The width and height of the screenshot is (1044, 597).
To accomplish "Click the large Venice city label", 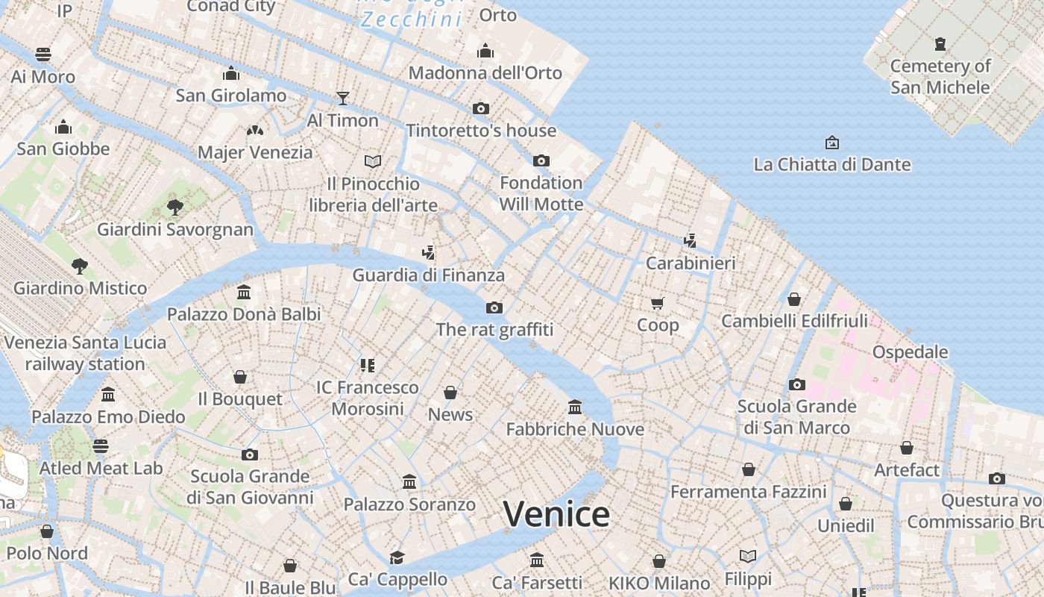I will coord(556,514).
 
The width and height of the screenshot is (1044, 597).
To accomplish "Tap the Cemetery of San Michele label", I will coord(940,77).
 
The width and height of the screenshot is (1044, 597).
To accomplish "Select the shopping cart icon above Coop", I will coord(657,303).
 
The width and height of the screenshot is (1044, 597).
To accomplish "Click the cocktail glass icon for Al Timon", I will coord(342,98).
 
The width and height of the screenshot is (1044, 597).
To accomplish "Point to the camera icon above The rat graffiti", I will coord(494,307).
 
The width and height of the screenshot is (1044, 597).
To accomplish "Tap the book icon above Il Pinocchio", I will coord(373,161).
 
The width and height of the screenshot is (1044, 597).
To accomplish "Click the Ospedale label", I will coord(910,352).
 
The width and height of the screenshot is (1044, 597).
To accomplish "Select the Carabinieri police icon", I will coord(691,241).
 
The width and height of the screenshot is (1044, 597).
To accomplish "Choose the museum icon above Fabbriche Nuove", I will coord(574,407).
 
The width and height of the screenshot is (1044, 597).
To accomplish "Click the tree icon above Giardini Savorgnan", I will coord(175,207).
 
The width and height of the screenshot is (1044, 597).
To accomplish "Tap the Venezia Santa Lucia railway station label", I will coord(85,353).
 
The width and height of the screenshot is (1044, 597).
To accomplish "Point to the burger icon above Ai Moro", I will coord(43,54).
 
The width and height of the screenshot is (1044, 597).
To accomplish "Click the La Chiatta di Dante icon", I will coord(831,143).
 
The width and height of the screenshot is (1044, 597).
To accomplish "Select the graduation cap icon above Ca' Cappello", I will coord(397,557).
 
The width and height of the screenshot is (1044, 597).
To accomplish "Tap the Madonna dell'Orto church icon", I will coord(485,51).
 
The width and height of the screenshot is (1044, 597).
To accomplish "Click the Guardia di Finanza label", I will coord(428,275).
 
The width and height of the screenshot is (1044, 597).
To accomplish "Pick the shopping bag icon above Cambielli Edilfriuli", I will coord(794,299).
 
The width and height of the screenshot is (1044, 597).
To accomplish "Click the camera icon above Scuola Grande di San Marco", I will coord(796,385).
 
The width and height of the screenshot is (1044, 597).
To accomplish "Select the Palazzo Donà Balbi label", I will coord(244,314).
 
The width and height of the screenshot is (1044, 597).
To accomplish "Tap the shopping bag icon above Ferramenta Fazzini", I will coord(748,469).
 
